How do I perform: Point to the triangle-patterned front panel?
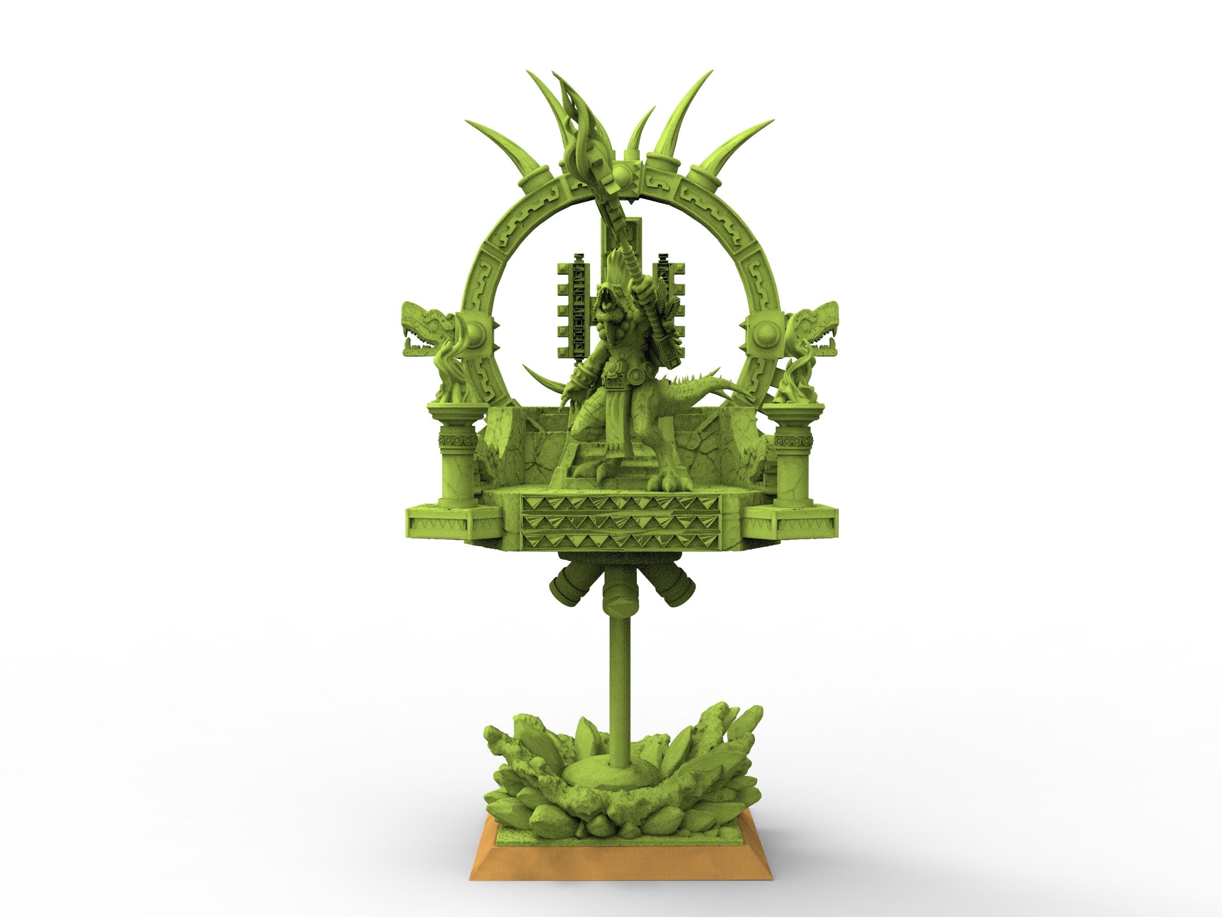tap(621, 522)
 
